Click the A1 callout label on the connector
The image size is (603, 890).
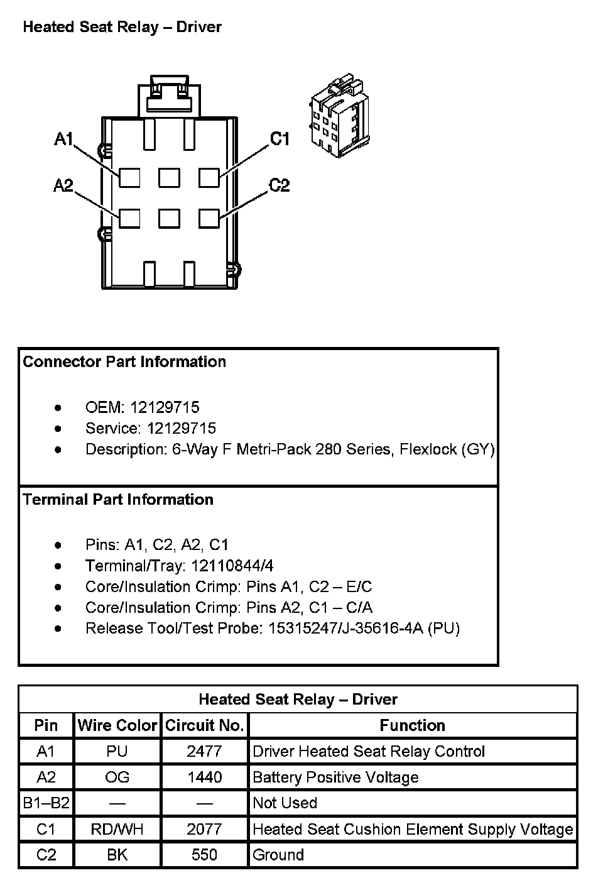pyautogui.click(x=64, y=139)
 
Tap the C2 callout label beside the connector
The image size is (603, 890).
pyautogui.click(x=279, y=185)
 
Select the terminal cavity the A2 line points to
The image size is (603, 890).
pyautogui.click(x=129, y=218)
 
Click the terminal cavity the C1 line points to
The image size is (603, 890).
pyautogui.click(x=209, y=178)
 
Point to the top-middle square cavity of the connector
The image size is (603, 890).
pyautogui.click(x=169, y=178)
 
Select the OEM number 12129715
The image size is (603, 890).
pyautogui.click(x=165, y=407)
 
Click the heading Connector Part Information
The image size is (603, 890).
pyautogui.click(x=124, y=362)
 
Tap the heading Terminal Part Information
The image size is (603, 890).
pyautogui.click(x=118, y=500)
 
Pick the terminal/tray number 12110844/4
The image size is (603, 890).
pyautogui.click(x=232, y=566)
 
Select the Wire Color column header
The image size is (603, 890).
pyautogui.click(x=117, y=725)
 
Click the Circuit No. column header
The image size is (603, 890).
pyautogui.click(x=204, y=725)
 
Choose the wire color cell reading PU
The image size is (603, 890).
pyautogui.click(x=117, y=751)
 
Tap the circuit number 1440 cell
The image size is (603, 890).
pyautogui.click(x=204, y=777)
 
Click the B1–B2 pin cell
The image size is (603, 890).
pyautogui.click(x=46, y=803)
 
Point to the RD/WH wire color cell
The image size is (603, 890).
pyautogui.click(x=117, y=829)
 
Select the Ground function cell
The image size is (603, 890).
pyautogui.click(x=278, y=855)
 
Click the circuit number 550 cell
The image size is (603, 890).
pyautogui.click(x=204, y=855)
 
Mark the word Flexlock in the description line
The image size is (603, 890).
pyautogui.click(x=428, y=449)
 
